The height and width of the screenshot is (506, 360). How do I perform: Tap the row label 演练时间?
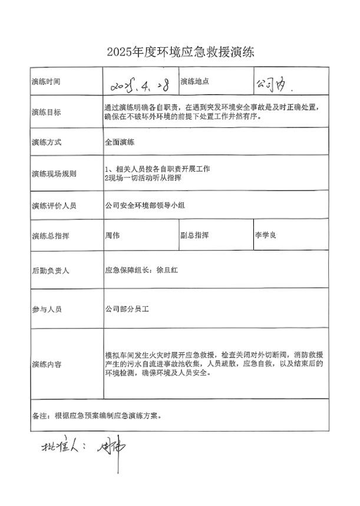point(46,81)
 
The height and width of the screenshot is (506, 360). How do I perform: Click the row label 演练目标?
point(46,112)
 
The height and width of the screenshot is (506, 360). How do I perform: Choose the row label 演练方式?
point(46,142)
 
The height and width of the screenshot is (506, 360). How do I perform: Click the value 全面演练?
point(120,142)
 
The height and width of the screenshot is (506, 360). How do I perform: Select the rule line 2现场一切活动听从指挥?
point(142,178)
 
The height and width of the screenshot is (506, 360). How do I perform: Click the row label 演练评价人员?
point(57,206)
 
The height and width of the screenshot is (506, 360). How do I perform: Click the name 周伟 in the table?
point(112,235)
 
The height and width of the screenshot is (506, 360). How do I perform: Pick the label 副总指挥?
point(194,235)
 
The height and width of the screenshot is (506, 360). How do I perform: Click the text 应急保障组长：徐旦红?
point(142,271)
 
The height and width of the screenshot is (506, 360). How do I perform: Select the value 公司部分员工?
point(127,308)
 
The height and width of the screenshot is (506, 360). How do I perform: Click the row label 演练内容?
point(46,363)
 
